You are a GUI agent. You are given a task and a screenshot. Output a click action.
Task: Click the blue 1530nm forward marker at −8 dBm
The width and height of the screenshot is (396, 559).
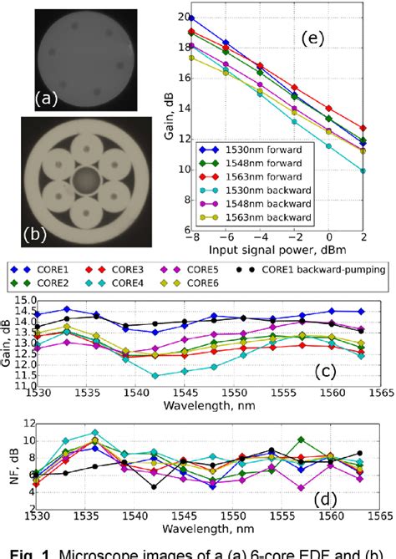pyautogui.click(x=192, y=18)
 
